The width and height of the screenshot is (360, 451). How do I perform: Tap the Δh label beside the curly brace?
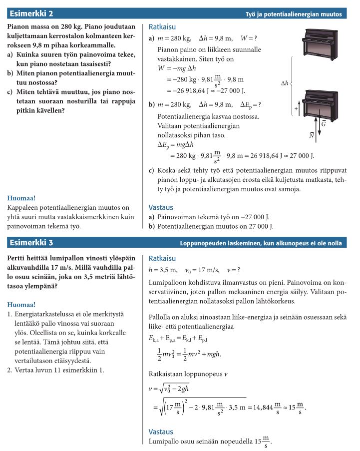coord(285,83)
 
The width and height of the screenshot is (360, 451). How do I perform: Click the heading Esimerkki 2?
coord(32,13)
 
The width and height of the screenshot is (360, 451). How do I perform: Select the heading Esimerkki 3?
coord(32,243)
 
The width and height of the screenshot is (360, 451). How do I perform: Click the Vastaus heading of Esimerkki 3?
coord(161,432)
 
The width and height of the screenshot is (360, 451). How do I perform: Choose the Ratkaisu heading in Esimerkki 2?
coord(162,26)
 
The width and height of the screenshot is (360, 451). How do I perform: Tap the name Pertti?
coord(18,258)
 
